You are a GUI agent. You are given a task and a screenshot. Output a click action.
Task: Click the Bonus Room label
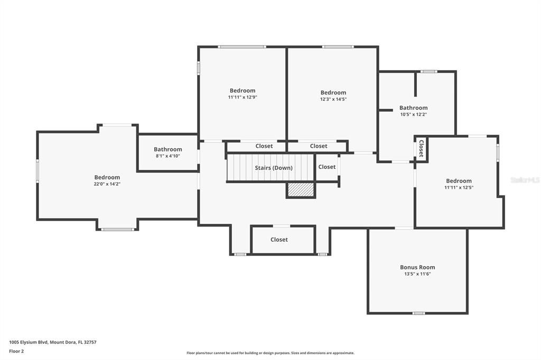tap(417, 267)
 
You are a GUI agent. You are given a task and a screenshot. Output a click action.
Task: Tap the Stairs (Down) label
tap(274, 168)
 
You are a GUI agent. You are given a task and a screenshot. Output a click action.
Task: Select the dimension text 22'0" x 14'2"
tap(107, 184)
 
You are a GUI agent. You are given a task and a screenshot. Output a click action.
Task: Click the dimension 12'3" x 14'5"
tap(333, 99)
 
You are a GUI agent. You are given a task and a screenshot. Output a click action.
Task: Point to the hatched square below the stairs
tap(301, 190)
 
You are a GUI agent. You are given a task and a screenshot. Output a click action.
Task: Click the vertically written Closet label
tap(421, 148)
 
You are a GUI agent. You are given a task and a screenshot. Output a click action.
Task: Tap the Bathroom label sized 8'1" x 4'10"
tap(168, 149)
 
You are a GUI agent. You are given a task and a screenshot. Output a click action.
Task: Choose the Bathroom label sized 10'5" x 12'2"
tap(413, 108)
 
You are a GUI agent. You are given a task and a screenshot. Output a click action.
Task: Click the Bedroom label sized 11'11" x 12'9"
tap(242, 90)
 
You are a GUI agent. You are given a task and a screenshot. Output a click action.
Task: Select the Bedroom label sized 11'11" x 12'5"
tap(459, 181)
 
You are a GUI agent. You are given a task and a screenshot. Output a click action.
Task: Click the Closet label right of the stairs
tap(327, 167)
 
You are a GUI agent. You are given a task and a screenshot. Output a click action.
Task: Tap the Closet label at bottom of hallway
tap(279, 240)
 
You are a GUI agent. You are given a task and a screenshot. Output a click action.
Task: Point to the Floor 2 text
tap(16, 350)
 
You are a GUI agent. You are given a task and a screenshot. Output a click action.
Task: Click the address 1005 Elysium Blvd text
tap(52, 342)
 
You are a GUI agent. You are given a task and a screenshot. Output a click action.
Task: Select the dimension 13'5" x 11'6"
tap(417, 274)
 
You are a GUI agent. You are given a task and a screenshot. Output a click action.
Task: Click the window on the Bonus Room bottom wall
tap(418, 313)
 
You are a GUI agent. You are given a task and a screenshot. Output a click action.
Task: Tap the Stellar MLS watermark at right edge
tap(525, 180)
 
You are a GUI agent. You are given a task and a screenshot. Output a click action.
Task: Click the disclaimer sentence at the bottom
tap(270, 353)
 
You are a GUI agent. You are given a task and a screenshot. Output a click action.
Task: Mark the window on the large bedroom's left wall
tap(38, 171)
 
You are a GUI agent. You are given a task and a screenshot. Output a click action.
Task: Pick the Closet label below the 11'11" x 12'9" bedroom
tap(264, 146)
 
